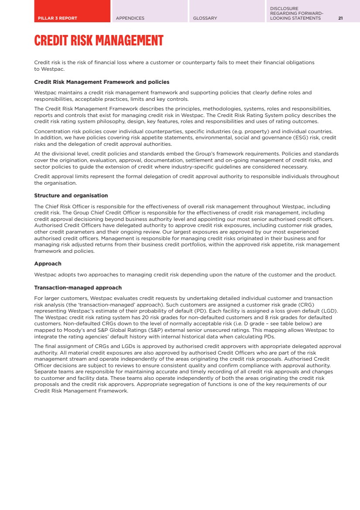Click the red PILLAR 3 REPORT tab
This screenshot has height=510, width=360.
click(x=72, y=11)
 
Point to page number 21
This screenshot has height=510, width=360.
click(x=340, y=18)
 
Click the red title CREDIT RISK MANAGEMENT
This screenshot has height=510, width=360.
click(x=99, y=41)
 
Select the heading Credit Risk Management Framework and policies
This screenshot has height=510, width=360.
click(x=102, y=82)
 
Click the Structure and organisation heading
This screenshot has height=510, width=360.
click(x=71, y=196)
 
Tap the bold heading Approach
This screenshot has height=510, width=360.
click(x=48, y=264)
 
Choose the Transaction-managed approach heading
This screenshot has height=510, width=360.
click(x=78, y=288)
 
